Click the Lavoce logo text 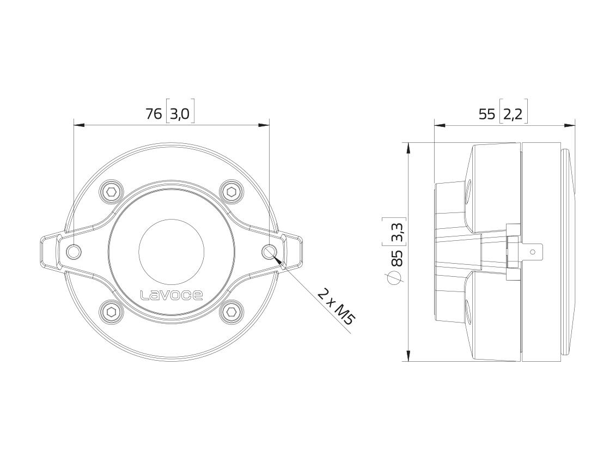pos(172,295)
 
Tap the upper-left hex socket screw pos(112,192)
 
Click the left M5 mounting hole pos(74,251)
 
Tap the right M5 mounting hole pos(270,251)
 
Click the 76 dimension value pos(154,114)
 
